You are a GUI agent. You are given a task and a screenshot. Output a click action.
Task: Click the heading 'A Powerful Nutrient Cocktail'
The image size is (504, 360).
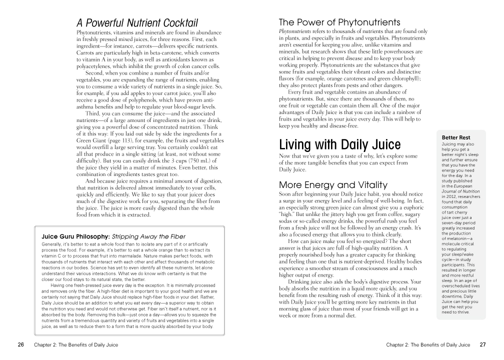coord(137,23)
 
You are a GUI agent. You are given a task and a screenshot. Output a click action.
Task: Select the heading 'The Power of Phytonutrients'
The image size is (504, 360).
coord(339,22)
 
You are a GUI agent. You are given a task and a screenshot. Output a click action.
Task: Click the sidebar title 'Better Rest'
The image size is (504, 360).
coord(456,137)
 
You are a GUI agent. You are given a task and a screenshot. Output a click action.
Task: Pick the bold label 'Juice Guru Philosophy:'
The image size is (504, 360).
coord(75,236)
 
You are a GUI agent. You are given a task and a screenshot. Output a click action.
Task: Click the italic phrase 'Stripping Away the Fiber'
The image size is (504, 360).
coord(148,236)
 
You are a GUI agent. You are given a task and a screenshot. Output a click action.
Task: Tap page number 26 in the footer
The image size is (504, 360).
coord(20,344)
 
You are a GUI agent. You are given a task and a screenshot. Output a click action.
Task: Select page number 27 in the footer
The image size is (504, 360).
coord(482,344)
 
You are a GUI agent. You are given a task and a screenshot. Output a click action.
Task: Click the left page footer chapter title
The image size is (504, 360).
coord(76,344)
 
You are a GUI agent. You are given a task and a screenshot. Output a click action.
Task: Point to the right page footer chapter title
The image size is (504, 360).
coord(428,344)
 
